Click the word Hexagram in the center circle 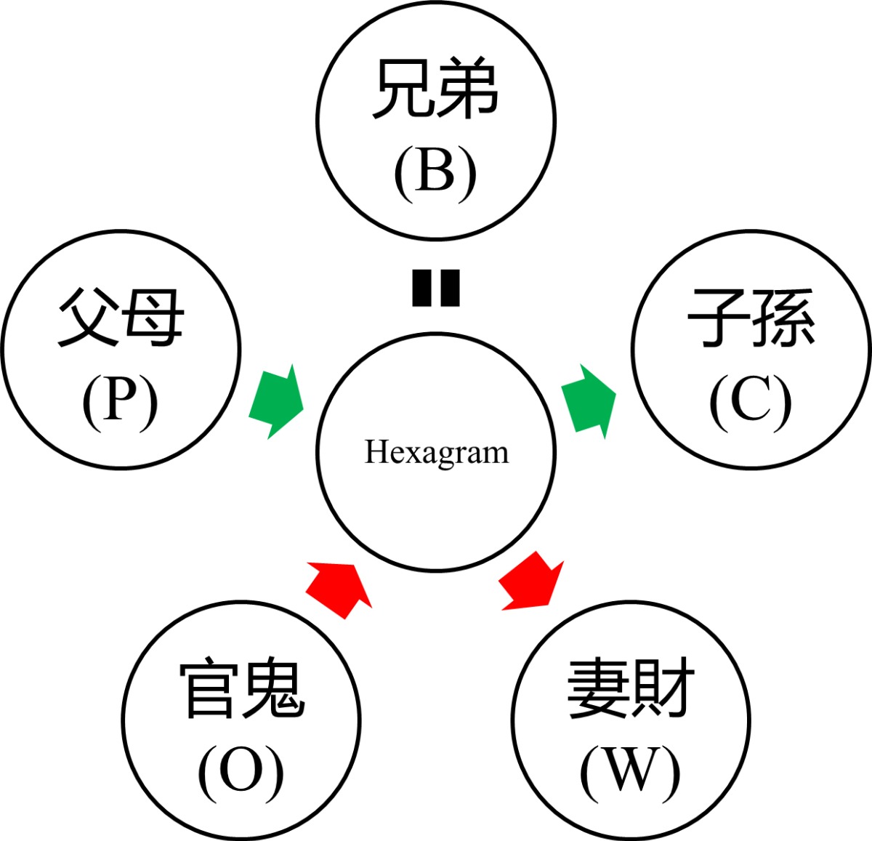(x=436, y=452)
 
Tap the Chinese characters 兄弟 (x=435, y=90)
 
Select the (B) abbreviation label (x=435, y=174)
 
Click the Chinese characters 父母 (x=121, y=318)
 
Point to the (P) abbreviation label (x=120, y=402)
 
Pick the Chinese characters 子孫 (x=751, y=318)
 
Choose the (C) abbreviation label (x=751, y=402)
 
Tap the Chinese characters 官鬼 (x=241, y=688)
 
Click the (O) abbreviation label (x=241, y=772)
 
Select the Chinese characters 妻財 (x=631, y=688)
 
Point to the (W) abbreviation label (x=630, y=772)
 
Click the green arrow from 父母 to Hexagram (x=276, y=402)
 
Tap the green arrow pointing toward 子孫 (x=589, y=402)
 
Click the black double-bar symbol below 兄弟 (x=436, y=288)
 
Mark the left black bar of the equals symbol (x=422, y=288)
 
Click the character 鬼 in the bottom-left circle (x=272, y=688)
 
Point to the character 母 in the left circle (x=153, y=318)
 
